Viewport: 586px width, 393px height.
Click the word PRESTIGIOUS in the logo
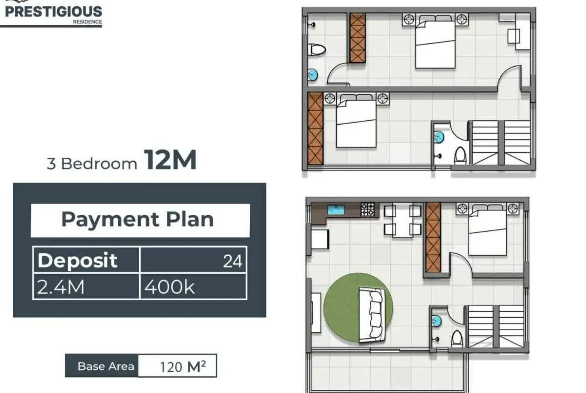(53, 11)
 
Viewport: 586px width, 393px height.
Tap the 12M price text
(170, 160)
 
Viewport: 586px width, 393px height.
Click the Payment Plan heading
(138, 219)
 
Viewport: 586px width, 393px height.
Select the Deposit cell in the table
(86, 260)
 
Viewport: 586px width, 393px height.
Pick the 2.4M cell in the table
(86, 286)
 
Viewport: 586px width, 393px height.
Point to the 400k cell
(193, 286)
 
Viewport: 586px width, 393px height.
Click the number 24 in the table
(233, 261)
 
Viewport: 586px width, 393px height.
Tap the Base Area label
(106, 366)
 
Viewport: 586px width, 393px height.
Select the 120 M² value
(183, 367)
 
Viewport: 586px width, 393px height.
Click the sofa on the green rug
(371, 314)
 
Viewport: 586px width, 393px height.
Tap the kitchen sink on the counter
(336, 209)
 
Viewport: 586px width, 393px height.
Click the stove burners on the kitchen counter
(367, 209)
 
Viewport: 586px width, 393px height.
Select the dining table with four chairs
(403, 220)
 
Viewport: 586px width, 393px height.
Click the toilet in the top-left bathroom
(316, 49)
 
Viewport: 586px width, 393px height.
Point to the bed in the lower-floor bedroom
(487, 229)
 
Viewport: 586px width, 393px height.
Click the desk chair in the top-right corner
(513, 36)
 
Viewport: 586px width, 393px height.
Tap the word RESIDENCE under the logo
(87, 22)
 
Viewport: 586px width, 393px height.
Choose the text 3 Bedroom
(92, 164)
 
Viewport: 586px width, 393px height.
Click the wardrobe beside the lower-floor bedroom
(433, 237)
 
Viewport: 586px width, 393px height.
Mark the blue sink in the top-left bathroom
(312, 75)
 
